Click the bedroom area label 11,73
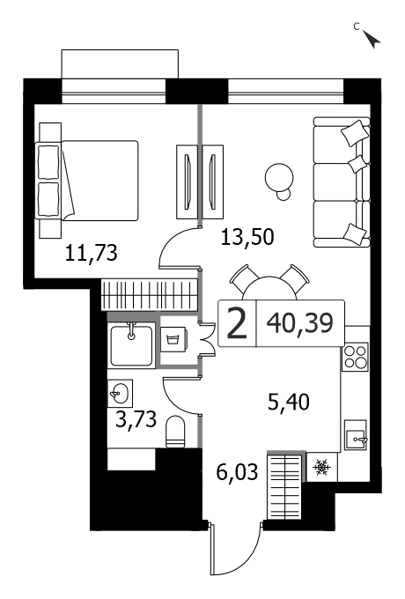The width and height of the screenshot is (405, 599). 91,254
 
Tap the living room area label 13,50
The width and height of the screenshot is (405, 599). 247,237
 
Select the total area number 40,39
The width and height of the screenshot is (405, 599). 300,323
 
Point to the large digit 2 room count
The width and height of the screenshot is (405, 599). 237,324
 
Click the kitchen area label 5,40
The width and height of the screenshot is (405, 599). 289,402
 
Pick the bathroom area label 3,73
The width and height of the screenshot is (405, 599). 136,419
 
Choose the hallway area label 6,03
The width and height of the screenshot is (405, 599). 237,472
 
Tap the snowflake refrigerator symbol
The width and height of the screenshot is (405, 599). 321,467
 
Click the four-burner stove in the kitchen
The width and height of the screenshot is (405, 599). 355,357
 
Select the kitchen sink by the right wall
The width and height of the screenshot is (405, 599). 356,435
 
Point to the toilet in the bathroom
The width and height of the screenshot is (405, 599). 175,432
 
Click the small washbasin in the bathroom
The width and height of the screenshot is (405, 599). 120,393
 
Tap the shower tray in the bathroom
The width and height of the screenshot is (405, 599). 131,345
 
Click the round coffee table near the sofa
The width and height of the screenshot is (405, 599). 279,178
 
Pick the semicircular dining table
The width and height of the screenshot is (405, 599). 270,288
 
